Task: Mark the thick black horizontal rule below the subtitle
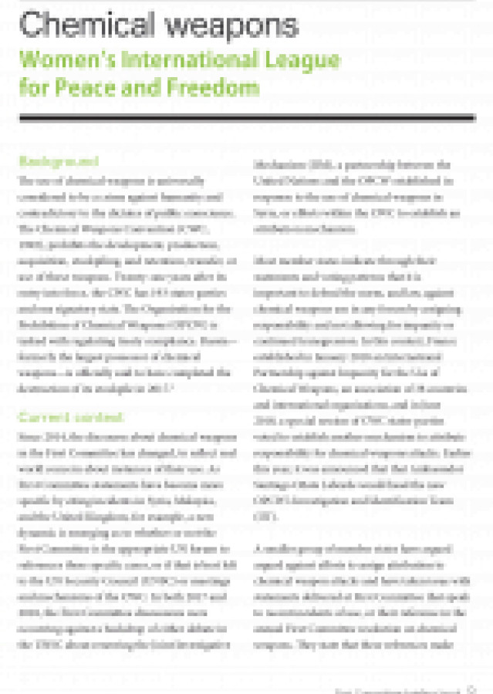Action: [x=247, y=117]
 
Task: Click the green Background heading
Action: [x=59, y=163]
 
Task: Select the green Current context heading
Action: [x=71, y=417]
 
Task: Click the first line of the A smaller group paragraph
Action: [x=361, y=547]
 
